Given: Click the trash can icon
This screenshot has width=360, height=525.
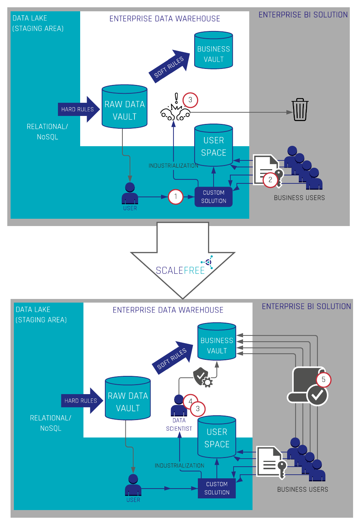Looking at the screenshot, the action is pyautogui.click(x=300, y=109).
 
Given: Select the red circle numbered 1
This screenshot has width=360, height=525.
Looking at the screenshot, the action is pyautogui.click(x=175, y=197).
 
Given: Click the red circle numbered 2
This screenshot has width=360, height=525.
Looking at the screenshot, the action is pyautogui.click(x=270, y=180).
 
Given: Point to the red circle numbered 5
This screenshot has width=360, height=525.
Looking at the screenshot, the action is pyautogui.click(x=324, y=380).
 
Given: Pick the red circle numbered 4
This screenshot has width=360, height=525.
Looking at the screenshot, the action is pyautogui.click(x=190, y=401).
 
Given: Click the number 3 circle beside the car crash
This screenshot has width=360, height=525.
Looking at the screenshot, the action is pyautogui.click(x=190, y=100).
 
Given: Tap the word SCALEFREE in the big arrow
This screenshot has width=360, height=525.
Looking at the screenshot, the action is pyautogui.click(x=180, y=271).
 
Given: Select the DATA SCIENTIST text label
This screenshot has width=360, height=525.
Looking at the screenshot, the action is pyautogui.click(x=179, y=424).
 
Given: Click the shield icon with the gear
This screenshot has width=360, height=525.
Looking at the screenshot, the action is pyautogui.click(x=203, y=377).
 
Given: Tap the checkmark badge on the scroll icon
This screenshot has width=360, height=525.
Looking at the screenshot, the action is pyautogui.click(x=317, y=395).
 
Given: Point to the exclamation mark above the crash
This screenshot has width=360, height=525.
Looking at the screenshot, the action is pyautogui.click(x=176, y=98).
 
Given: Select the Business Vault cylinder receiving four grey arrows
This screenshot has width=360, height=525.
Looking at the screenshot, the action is pyautogui.click(x=217, y=341).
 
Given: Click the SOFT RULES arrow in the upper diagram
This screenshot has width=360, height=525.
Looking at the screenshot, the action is pyautogui.click(x=169, y=66).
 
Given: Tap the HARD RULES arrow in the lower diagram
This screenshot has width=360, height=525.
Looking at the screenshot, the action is pyautogui.click(x=82, y=401).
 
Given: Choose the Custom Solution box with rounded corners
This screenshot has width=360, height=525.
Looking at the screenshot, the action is pyautogui.click(x=214, y=197).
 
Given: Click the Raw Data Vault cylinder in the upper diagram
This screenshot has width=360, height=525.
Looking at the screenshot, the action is pyautogui.click(x=124, y=106).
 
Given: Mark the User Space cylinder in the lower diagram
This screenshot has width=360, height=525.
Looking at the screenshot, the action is pyautogui.click(x=217, y=437).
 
